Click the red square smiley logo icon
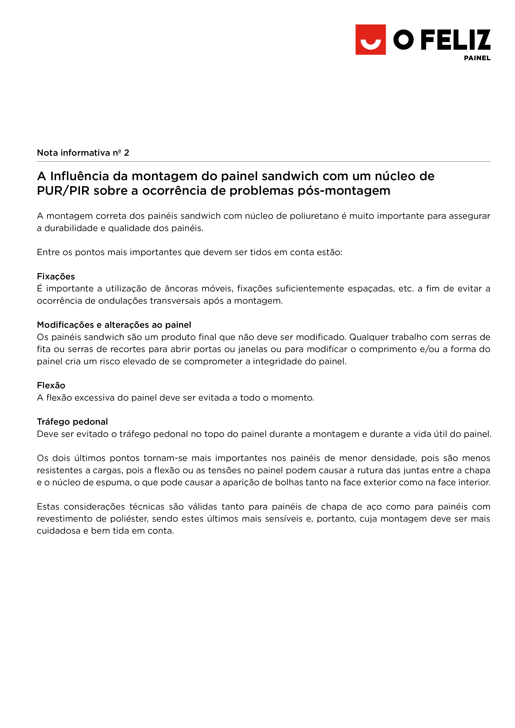tap(370, 40)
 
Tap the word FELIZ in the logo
tap(456, 40)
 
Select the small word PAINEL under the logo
tap(477, 58)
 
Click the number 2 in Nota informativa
tap(127, 153)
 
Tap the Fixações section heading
tap(56, 276)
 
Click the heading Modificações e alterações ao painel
tap(114, 325)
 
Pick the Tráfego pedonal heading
tap(72, 422)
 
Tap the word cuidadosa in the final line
tap(59, 531)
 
